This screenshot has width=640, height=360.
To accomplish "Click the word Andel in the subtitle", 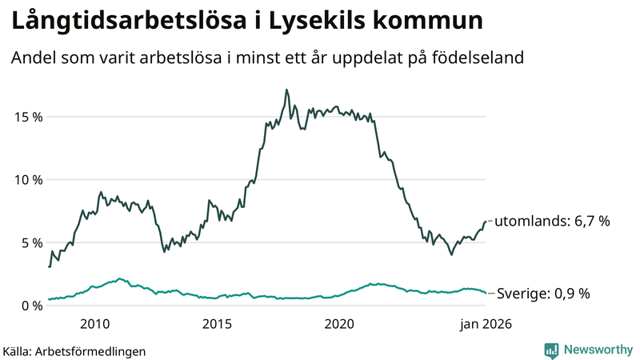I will coord(33,58).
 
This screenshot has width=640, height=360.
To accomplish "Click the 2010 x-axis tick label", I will coord(95,324).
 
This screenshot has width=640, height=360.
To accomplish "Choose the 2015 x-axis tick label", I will coord(217,324).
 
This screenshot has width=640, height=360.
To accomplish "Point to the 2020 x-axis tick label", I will coord(339,324).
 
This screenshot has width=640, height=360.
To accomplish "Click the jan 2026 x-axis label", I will coord(485,324).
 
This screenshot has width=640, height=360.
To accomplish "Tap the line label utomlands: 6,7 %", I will coord(553,222).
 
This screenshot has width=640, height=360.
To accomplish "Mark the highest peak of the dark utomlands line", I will coord(286,90).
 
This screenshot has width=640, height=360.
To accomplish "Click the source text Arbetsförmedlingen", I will coord(96,350).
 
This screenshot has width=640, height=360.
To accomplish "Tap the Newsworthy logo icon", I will coord(551,350).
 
